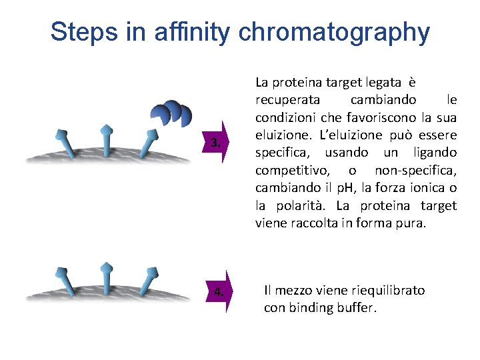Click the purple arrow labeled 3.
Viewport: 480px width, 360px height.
click(x=217, y=142)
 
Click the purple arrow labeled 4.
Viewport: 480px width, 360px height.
click(x=218, y=291)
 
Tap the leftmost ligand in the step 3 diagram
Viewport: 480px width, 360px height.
click(x=65, y=141)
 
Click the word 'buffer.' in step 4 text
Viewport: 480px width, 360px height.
click(x=358, y=308)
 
